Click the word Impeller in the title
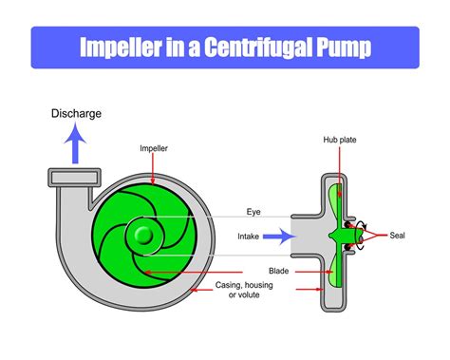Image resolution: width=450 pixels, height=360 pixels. pos(122,47)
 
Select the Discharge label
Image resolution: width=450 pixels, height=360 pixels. pos(77,114)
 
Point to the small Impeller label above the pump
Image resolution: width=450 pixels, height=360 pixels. pos(154,148)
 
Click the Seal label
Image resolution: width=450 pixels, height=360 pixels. pos(397,235)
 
